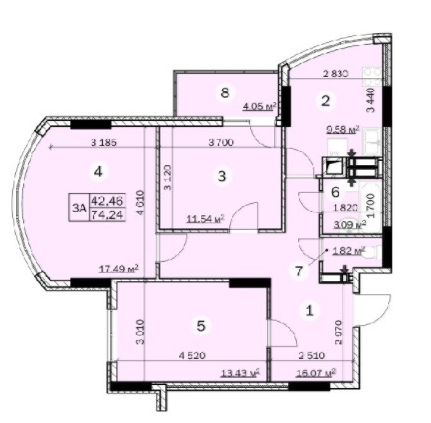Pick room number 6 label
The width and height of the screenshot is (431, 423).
click(335, 193)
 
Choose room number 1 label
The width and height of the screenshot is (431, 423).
click(310, 311)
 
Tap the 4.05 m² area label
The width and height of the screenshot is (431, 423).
click(258, 107)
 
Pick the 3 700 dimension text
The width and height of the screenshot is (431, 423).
click(222, 144)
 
